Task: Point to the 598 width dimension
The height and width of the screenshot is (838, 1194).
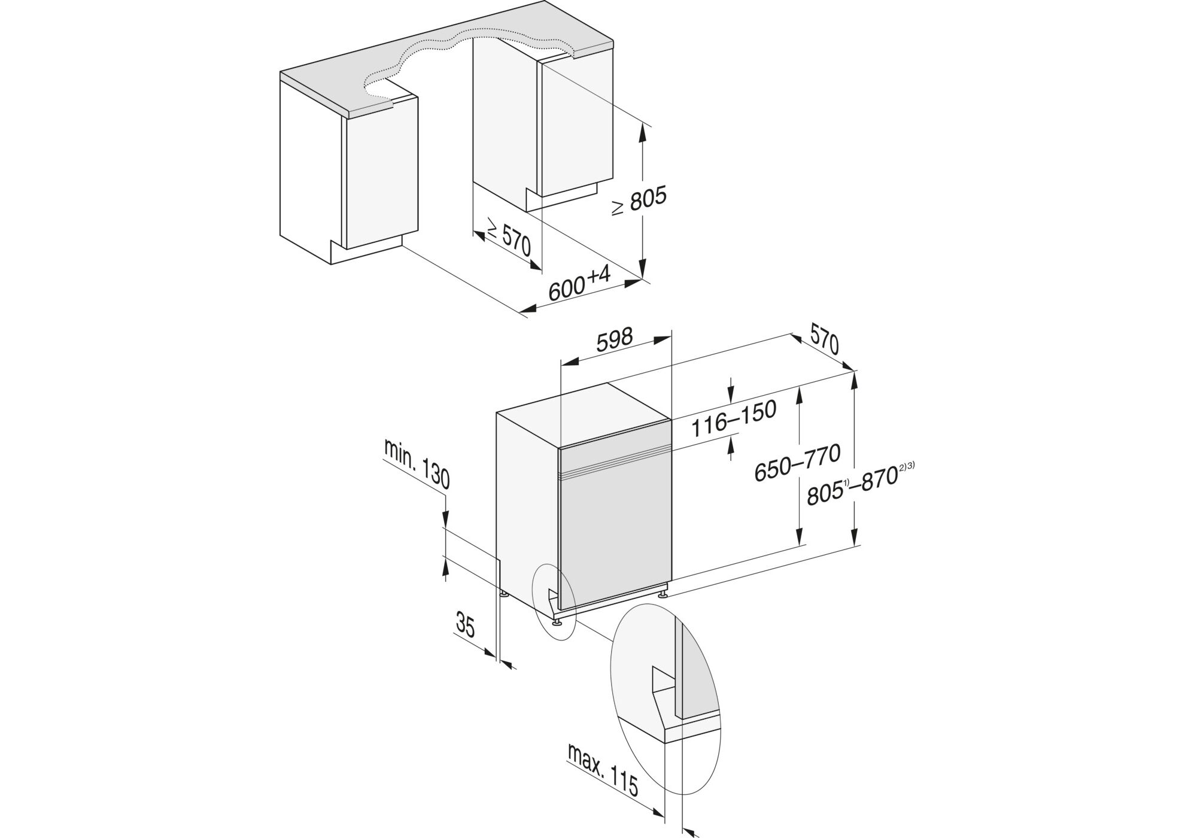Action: coord(615,339)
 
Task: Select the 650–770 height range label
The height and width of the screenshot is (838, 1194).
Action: coord(797,462)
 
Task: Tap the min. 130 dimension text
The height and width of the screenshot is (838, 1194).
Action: coord(417,463)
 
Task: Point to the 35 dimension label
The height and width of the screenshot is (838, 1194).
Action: coord(465,626)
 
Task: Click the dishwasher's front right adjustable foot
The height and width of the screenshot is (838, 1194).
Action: coord(664,595)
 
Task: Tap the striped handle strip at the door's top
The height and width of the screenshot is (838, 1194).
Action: coord(613,464)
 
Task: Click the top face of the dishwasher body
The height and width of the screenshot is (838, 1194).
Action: coord(584,413)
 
